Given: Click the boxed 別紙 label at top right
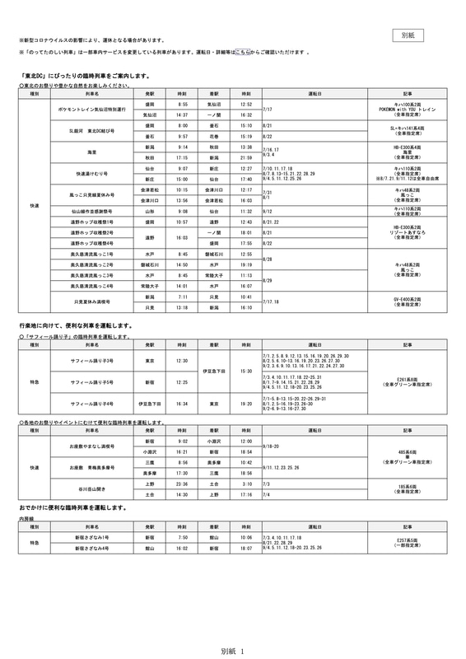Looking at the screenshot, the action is (412, 35).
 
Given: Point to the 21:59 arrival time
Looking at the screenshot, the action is (245, 157).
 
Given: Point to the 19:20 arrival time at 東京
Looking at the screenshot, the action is (245, 404).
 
